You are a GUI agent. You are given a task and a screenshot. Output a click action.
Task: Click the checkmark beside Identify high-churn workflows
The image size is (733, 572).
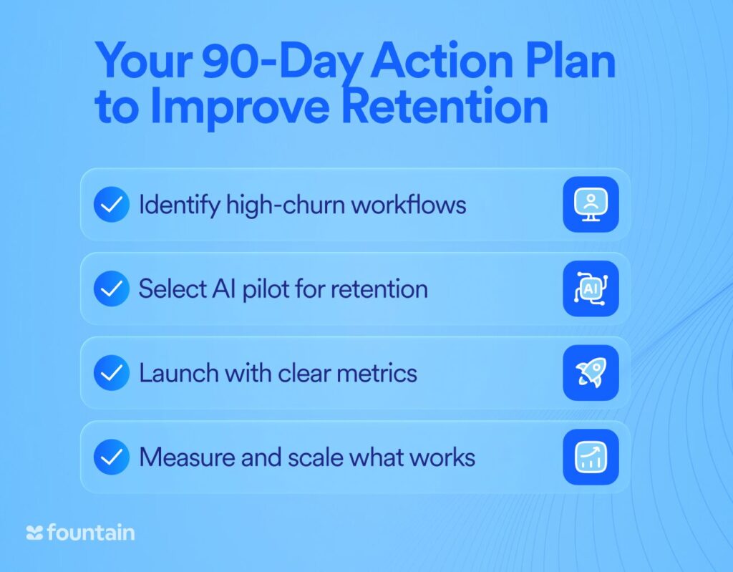click(111, 204)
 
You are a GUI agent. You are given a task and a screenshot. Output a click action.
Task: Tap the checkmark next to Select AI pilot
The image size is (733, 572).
click(111, 289)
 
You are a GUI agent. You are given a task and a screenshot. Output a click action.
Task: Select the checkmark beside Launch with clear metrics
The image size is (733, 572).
click(111, 373)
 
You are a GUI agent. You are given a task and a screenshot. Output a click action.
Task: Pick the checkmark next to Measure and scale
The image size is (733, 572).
click(111, 457)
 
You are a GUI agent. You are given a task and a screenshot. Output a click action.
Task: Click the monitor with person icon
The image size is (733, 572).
click(591, 204)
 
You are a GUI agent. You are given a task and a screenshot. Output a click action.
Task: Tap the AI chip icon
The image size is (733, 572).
click(591, 289)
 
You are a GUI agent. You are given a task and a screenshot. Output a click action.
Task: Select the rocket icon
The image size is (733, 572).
click(591, 373)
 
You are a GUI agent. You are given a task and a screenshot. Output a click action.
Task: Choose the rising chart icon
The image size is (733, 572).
click(591, 457)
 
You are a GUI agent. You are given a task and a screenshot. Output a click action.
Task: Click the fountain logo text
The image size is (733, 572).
click(91, 532)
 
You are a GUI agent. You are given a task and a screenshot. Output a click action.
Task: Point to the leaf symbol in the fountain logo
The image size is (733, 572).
click(34, 533)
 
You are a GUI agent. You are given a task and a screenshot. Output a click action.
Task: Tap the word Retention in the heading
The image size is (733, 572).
click(445, 106)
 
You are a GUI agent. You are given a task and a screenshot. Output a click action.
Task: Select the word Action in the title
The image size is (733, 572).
click(442, 61)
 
